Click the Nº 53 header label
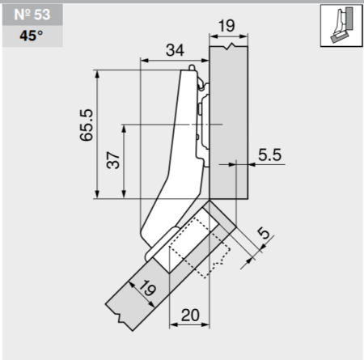pyautogui.click(x=32, y=15)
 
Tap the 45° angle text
pyautogui.click(x=31, y=36)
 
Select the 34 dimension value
pyautogui.click(x=175, y=50)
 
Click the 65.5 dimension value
pyautogui.click(x=87, y=125)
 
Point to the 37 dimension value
pyautogui.click(x=113, y=160)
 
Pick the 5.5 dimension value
pyautogui.click(x=269, y=155)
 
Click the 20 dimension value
pyautogui.click(x=190, y=315)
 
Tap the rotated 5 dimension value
pyautogui.click(x=264, y=233)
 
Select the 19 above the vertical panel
pyautogui.click(x=226, y=26)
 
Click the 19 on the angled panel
pyautogui.click(x=147, y=288)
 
